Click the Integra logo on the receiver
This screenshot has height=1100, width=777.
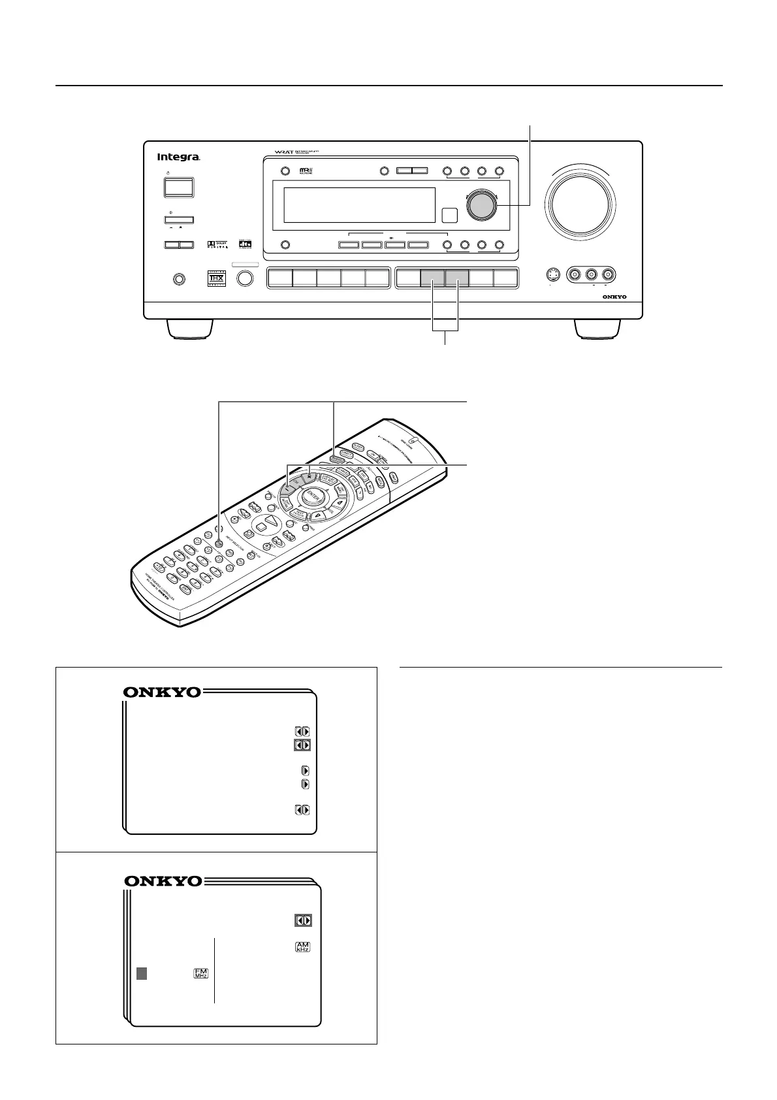(178, 157)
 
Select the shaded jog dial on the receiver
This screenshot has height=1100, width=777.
(481, 205)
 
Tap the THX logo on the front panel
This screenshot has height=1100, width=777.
(216, 279)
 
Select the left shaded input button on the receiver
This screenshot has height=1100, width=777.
(432, 279)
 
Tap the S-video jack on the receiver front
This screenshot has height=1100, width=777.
(553, 275)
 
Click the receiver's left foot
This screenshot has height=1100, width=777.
(189, 329)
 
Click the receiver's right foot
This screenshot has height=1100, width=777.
(597, 329)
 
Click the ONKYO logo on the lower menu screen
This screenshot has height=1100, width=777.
(163, 881)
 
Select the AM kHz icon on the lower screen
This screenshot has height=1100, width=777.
(302, 946)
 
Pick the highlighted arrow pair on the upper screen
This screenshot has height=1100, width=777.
(302, 745)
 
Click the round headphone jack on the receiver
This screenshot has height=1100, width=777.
(178, 279)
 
